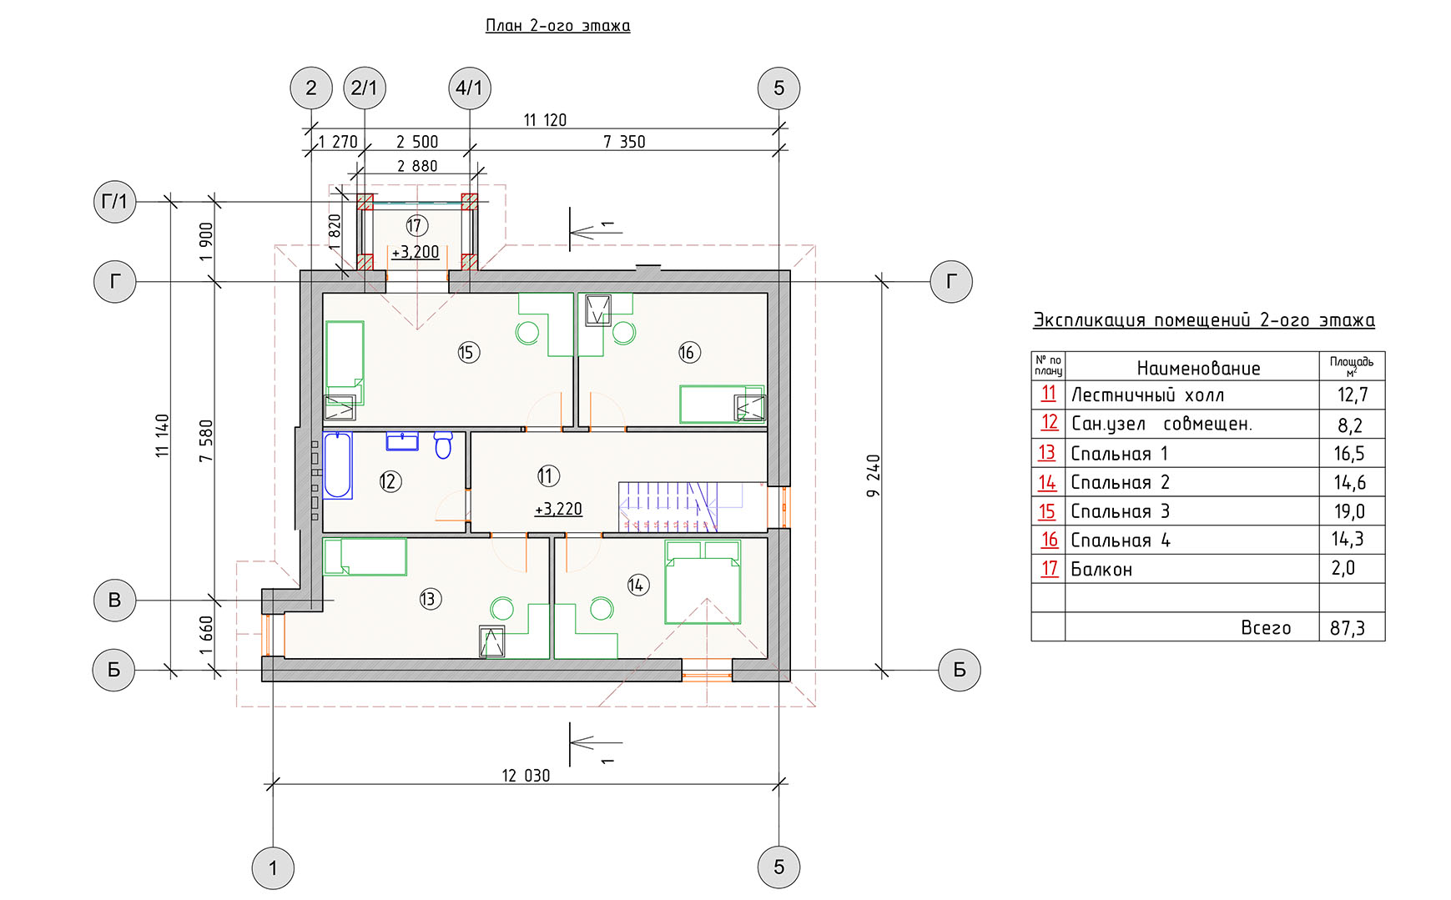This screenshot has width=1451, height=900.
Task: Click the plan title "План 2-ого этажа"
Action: coord(557,26)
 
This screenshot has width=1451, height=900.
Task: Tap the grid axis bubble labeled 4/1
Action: coord(470,88)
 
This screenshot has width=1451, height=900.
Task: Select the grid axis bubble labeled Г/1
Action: coord(114,202)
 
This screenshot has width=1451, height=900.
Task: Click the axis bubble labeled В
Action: coord(114,600)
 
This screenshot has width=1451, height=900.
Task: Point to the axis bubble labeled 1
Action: coord(273,867)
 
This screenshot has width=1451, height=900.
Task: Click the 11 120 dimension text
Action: coord(545,120)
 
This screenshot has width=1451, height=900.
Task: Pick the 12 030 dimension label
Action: coord(526,776)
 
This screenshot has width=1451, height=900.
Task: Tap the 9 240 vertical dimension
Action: coord(874,475)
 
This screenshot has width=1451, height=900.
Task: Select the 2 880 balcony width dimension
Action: coord(417,166)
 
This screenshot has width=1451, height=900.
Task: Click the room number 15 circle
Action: coord(467,352)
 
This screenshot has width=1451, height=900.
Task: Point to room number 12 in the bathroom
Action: coord(390,481)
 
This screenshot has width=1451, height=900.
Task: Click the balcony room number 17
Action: coord(416,225)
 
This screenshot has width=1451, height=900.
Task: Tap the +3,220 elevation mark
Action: coord(558,509)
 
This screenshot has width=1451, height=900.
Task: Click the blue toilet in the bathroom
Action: coord(443,445)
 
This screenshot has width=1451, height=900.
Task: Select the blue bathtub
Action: coord(338,465)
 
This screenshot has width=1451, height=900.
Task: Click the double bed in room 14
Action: coord(703,582)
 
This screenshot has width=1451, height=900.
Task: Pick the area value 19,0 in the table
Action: coord(1348,511)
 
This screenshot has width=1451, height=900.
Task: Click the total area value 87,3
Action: coord(1348,628)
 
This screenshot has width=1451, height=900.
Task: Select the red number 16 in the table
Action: coord(1049,540)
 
